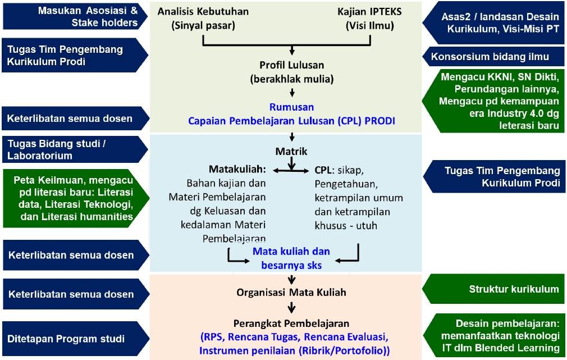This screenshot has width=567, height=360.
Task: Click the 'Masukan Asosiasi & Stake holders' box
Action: tap(73, 17)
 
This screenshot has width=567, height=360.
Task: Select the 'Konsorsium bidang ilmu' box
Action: tap(490, 57)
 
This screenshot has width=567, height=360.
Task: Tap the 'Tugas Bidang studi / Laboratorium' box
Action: tap(73, 149)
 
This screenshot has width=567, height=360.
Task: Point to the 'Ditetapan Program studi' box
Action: tap(73, 339)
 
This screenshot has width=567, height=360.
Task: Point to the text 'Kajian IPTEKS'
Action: tap(370, 12)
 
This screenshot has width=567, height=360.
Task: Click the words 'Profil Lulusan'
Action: tap(291, 65)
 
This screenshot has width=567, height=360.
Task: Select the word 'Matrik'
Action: tap(291, 151)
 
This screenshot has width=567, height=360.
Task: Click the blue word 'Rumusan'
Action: tap(291, 107)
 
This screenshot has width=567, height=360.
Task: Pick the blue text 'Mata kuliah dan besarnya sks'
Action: tap(291, 258)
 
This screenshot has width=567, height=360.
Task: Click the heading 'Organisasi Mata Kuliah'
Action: tap(291, 292)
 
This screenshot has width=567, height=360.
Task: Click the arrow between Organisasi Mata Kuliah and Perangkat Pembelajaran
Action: tap(291, 307)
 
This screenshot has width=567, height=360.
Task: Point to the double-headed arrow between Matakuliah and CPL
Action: tap(291, 169)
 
